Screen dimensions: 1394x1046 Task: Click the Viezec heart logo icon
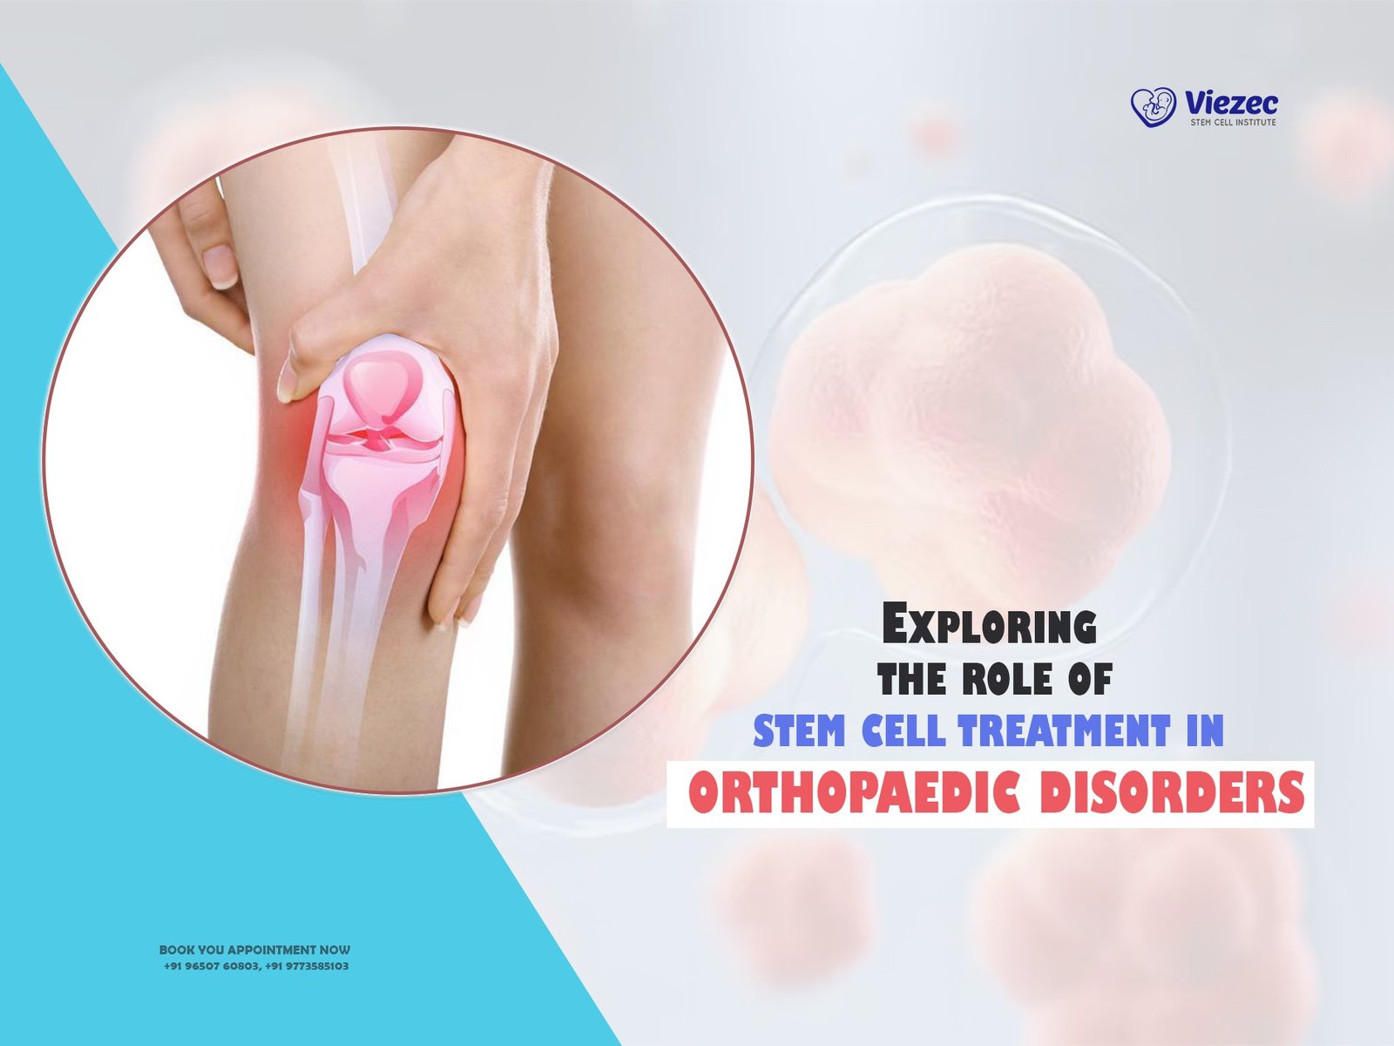point(1153,106)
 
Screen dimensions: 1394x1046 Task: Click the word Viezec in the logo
point(1231,102)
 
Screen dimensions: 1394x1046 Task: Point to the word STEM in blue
point(799,730)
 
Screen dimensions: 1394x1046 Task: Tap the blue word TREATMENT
point(1065,730)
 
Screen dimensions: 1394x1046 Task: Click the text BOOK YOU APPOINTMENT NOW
point(254,950)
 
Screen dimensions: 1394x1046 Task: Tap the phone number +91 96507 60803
point(211,966)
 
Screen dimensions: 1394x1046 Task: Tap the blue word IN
point(1205,730)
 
